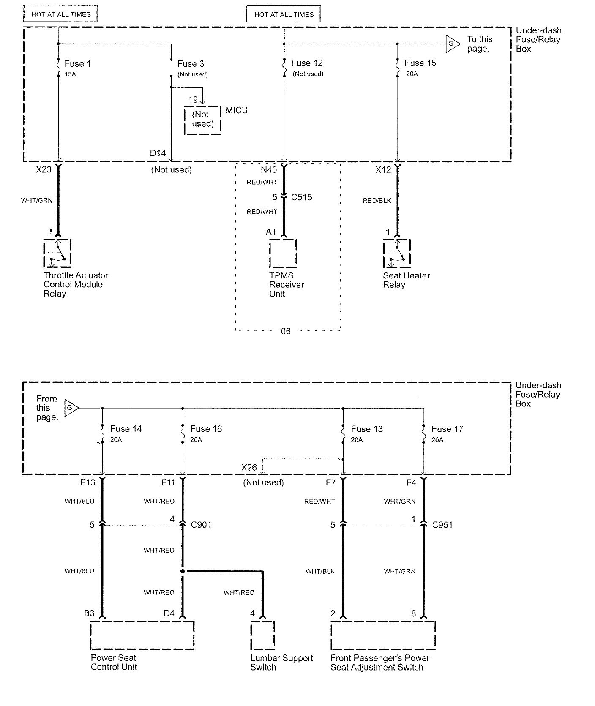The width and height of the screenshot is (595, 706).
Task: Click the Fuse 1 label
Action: coord(77,64)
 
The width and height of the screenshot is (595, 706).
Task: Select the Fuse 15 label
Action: coord(420,63)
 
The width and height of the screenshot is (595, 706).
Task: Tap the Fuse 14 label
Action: coord(126,429)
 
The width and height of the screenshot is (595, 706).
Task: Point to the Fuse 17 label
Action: coord(448,429)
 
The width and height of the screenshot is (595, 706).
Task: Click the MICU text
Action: coord(237,110)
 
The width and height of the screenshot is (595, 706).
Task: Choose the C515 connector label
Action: coord(302,197)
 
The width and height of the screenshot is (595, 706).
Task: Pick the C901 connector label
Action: coord(201,525)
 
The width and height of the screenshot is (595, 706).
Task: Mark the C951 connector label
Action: coord(442,525)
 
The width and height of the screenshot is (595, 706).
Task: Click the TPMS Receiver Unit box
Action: coord(283,253)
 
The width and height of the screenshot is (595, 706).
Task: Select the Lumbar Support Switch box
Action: coord(262,635)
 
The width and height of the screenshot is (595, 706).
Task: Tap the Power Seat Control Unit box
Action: coord(142,635)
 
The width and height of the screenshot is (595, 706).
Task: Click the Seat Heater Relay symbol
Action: coord(397,253)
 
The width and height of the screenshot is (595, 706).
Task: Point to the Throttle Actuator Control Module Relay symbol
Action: coord(57,253)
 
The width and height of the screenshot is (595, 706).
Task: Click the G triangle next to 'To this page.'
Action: coord(452,44)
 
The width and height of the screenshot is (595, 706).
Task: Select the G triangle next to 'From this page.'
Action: coord(71,408)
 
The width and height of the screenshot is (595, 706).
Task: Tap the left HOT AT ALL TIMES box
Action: coord(61,14)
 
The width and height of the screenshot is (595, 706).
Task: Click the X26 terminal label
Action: coord(249,467)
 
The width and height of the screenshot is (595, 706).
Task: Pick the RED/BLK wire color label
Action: coord(377,200)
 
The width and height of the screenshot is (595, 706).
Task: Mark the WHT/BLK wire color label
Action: coord(320,571)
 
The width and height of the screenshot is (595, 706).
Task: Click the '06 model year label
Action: coord(285,331)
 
